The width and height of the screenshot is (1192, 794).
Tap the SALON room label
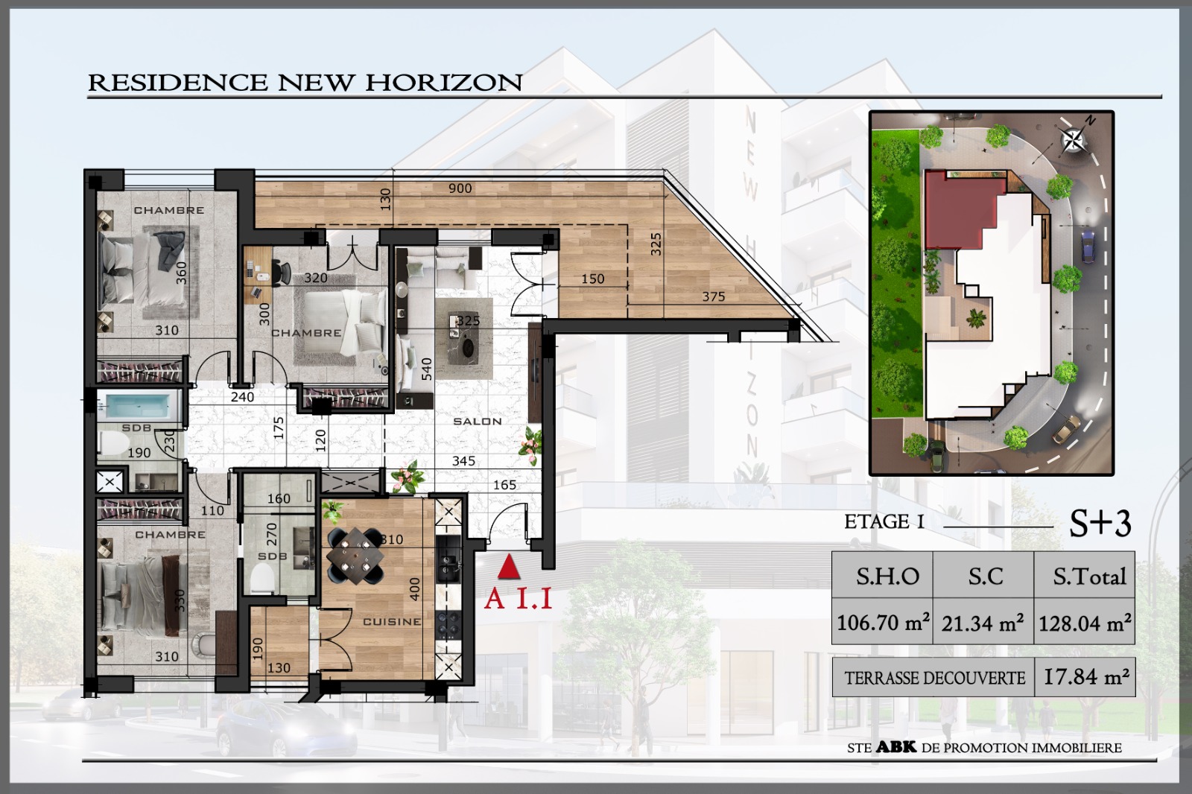(478, 422)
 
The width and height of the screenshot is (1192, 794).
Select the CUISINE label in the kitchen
(392, 622)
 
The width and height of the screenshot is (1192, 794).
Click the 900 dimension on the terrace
(460, 188)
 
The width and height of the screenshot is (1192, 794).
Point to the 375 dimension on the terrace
(713, 296)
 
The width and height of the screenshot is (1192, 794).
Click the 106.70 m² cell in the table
(882, 622)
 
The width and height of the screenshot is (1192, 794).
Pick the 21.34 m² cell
(983, 622)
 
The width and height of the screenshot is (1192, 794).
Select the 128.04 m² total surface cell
(1085, 622)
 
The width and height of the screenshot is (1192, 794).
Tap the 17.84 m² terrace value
(1085, 677)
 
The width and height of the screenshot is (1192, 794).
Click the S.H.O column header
(882, 575)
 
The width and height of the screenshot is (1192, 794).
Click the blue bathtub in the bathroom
(139, 406)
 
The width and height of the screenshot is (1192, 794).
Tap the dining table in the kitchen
(355, 556)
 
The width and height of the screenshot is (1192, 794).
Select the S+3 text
(1100, 523)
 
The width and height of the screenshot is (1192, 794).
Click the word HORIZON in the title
(444, 83)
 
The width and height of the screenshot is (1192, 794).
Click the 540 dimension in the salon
(427, 369)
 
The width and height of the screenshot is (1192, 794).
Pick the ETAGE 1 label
(884, 521)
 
